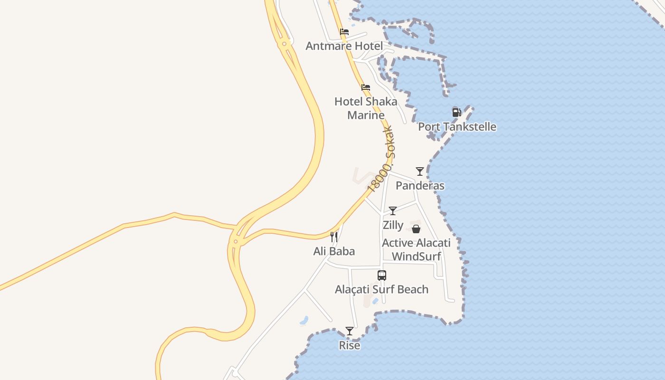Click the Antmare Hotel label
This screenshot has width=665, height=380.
pos(344,46)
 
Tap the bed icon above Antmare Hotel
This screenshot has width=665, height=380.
pos(344,32)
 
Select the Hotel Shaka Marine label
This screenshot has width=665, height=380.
pos(366,108)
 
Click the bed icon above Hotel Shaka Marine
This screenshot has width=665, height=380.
pos(366,87)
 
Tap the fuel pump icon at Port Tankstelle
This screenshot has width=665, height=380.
pos(456,113)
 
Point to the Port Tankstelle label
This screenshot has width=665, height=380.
pos(457,127)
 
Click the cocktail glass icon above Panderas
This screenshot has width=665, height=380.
pos(420,171)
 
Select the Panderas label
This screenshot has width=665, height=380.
pos(420,186)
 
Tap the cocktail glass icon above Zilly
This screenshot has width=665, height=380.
pos(393,211)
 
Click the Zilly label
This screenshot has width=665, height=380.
pos(393,225)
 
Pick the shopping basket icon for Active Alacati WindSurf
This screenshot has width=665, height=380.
pos(416,229)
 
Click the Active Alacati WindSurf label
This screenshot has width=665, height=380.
pos(416,250)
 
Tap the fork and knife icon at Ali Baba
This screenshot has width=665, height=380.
pos(334,237)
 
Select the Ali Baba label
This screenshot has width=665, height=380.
pos(334,251)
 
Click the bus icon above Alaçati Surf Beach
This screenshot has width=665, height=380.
pos(382,275)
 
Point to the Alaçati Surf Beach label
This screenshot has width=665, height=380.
pos(381,289)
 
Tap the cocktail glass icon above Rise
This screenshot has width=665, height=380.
pos(350,331)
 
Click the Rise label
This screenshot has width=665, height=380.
pos(350,345)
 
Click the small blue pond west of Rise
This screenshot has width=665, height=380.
pos(304,321)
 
